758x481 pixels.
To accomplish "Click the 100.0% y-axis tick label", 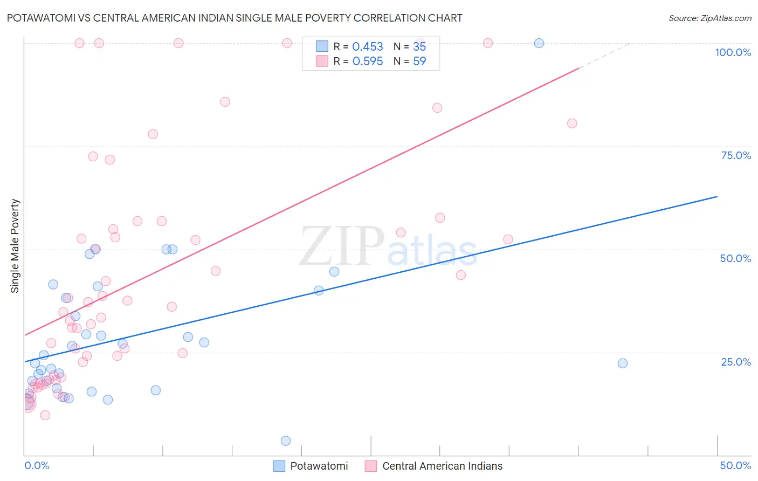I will pyautogui.click(x=733, y=52).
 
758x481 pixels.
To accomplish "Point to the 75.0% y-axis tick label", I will pyautogui.click(x=736, y=155).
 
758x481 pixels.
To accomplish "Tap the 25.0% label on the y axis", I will pyautogui.click(x=736, y=362).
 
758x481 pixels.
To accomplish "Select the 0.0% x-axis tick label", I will pyautogui.click(x=37, y=465).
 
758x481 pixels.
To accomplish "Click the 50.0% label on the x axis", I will pyautogui.click(x=735, y=465).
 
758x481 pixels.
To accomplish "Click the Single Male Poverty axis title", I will pyautogui.click(x=15, y=246).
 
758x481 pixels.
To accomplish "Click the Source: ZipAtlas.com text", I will pyautogui.click(x=709, y=18).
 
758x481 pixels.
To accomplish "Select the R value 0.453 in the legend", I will pyautogui.click(x=368, y=47).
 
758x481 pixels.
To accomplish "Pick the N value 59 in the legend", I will pyautogui.click(x=419, y=61).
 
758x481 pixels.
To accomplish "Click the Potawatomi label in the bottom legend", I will pyautogui.click(x=319, y=466).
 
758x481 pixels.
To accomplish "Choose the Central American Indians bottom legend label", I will pyautogui.click(x=442, y=466).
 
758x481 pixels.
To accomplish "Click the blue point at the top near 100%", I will pyautogui.click(x=539, y=43).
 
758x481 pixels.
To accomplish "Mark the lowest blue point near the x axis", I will pyautogui.click(x=286, y=441).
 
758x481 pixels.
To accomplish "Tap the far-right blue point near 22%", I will pyautogui.click(x=623, y=363).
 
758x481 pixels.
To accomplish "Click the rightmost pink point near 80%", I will pyautogui.click(x=572, y=123).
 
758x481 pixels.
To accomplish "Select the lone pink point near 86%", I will pyautogui.click(x=225, y=102).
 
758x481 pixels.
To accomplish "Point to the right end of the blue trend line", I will pyautogui.click(x=717, y=197).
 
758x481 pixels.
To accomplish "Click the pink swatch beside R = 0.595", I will pyautogui.click(x=322, y=61).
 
